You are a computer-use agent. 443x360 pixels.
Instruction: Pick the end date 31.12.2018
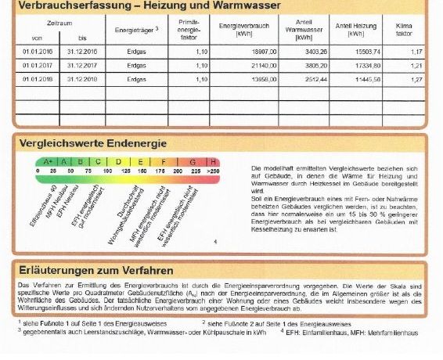coord(82,79)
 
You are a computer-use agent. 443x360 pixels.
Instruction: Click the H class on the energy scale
coord(213,161)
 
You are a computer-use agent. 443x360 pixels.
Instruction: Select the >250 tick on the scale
coord(213,170)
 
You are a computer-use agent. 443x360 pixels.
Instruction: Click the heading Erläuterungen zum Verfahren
coord(95,270)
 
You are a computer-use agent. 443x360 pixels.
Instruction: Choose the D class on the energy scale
coord(118,161)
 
